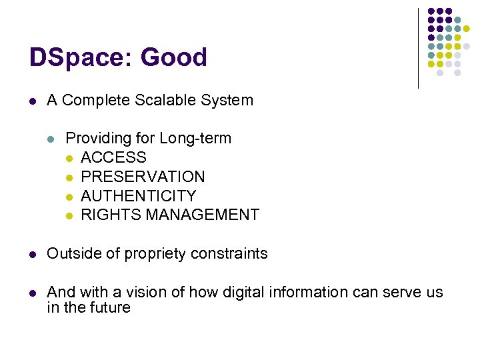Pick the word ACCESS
tap(113, 158)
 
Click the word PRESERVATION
tap(143, 177)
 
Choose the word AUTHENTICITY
tap(139, 196)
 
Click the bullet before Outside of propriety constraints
tap(32, 254)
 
